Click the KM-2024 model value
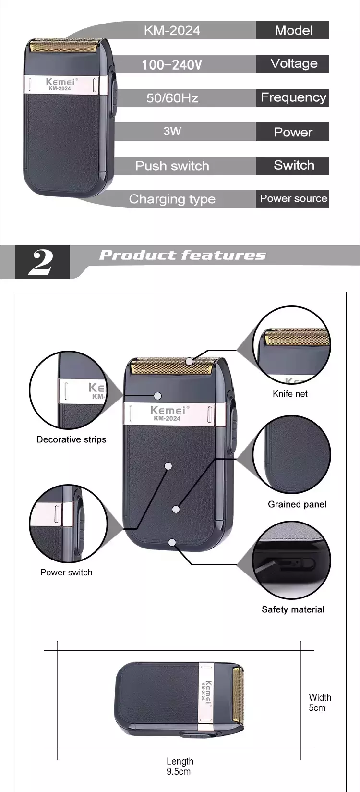[172, 30]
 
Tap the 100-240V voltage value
[172, 65]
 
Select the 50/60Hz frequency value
[172, 98]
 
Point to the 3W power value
[172, 131]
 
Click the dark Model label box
[292, 30]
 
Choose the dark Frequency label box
[292, 97]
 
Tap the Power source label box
[292, 199]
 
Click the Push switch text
[172, 166]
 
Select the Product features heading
[182, 255]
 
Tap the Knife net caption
[290, 394]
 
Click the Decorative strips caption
[72, 439]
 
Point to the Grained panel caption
[297, 504]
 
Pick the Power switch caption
[66, 573]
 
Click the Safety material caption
[293, 609]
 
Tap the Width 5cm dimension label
[320, 703]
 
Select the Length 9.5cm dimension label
[180, 766]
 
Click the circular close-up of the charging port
[291, 560]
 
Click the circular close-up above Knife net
[291, 345]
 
